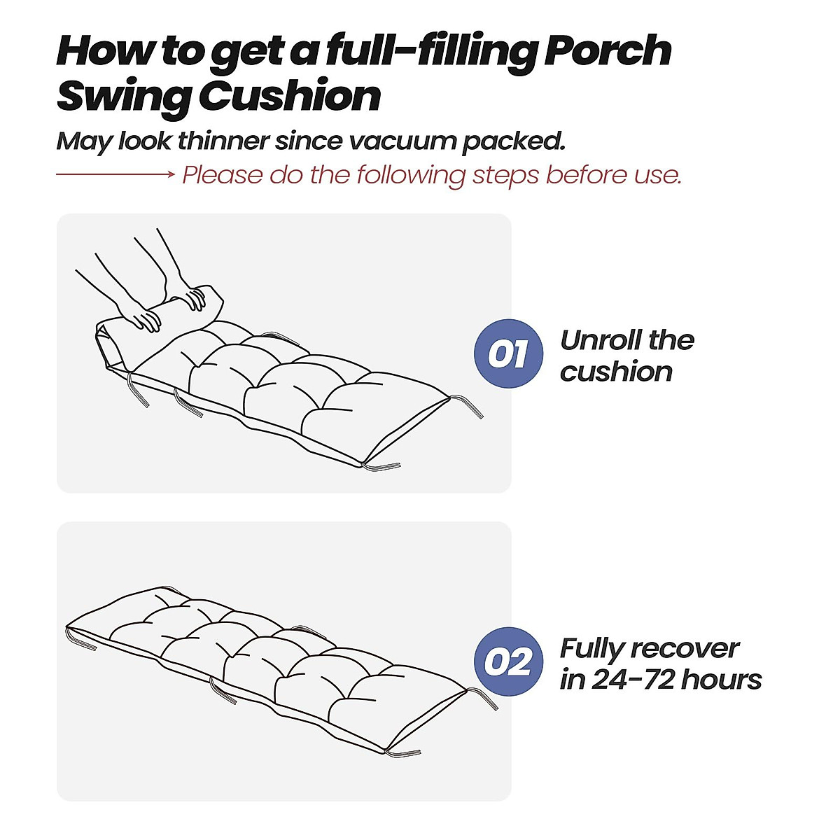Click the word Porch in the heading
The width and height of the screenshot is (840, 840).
(x=608, y=52)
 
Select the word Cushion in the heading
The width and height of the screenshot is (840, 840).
(x=290, y=97)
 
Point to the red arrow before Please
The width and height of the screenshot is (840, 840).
(x=115, y=174)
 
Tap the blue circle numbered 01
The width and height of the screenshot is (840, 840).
(x=508, y=353)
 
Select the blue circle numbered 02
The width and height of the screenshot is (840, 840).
(x=508, y=661)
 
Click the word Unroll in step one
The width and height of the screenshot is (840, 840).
(x=601, y=340)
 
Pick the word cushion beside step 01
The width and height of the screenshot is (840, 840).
(x=616, y=372)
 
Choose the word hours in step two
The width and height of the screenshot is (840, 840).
(x=721, y=680)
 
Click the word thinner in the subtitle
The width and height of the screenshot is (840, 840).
(x=223, y=141)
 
